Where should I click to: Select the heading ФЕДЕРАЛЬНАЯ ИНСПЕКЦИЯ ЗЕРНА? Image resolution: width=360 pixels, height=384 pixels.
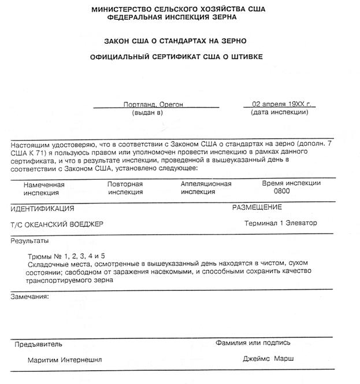[177, 19]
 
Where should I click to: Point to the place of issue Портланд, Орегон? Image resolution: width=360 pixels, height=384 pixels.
[153, 105]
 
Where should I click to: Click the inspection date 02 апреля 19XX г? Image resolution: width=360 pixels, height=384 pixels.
[280, 105]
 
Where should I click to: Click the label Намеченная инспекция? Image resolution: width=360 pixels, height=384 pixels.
[44, 189]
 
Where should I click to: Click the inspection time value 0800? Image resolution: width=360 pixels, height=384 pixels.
[282, 191]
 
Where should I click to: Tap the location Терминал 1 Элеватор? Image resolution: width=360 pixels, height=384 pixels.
[281, 223]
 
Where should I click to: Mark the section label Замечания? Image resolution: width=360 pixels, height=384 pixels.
[29, 296]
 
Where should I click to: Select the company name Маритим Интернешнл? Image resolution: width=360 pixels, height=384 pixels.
[65, 360]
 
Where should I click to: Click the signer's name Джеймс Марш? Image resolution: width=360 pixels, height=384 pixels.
[268, 359]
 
